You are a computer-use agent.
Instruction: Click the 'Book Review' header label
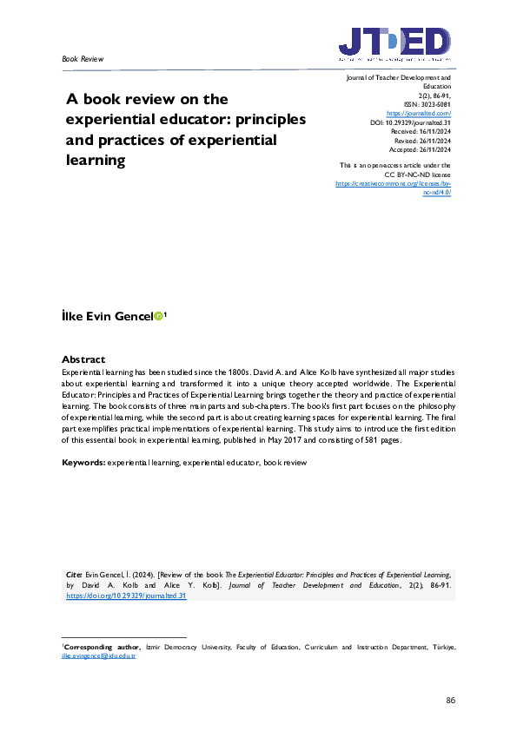[x=83, y=59]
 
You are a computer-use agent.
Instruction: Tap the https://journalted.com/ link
[x=419, y=114]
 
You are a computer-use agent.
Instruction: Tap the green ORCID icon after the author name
[x=158, y=318]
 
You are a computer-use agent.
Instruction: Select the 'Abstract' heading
[x=83, y=359]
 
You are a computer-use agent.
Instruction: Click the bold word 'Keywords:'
[x=83, y=463]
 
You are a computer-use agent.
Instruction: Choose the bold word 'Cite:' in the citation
[x=75, y=575]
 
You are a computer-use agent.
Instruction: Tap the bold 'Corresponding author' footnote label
[x=96, y=647]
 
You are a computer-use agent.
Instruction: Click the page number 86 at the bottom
[x=450, y=700]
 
